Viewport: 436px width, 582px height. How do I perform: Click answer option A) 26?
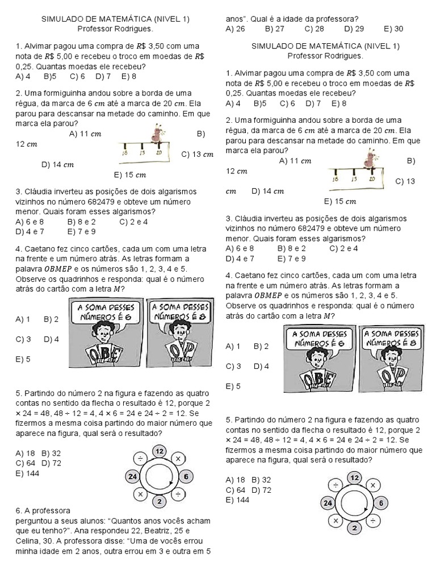[235, 28]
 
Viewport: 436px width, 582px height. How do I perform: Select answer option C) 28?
[314, 28]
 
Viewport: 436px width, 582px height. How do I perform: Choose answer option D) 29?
[354, 28]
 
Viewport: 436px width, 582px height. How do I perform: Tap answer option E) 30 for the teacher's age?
[393, 28]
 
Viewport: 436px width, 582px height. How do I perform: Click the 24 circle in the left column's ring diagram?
[133, 476]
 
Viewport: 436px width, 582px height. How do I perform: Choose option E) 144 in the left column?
[28, 473]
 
